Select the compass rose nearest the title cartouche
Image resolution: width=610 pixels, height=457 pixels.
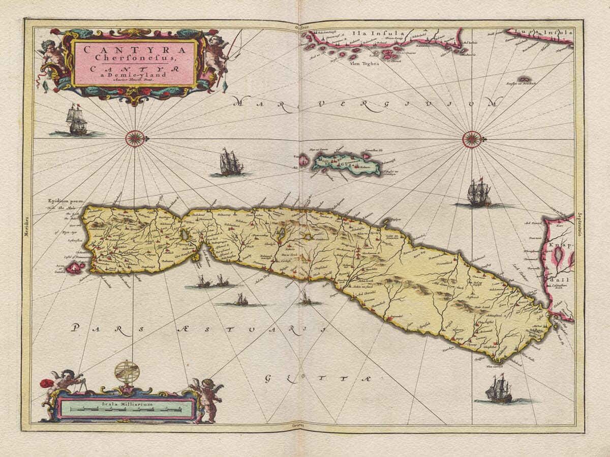pyautogui.click(x=135, y=138)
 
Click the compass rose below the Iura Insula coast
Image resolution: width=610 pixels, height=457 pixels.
pyautogui.click(x=472, y=139)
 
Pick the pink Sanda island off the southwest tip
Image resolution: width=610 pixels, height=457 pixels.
pyautogui.click(x=75, y=267)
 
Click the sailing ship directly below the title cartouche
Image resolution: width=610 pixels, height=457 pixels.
pyautogui.click(x=77, y=120)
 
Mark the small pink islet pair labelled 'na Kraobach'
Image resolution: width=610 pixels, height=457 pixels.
pyautogui.click(x=523, y=80)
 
